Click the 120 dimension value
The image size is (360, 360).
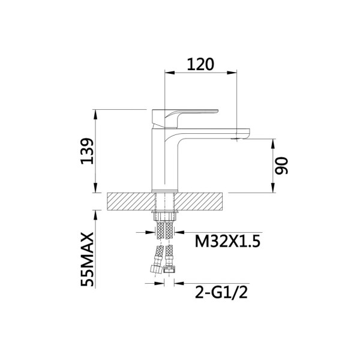point(200,64)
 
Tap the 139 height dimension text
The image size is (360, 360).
point(88,151)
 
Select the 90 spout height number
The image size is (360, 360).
point(281,166)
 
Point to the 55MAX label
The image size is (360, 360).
point(88,259)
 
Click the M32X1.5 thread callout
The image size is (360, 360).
point(227,242)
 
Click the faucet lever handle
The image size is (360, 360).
point(185,118)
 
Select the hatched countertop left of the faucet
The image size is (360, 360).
point(131,202)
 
